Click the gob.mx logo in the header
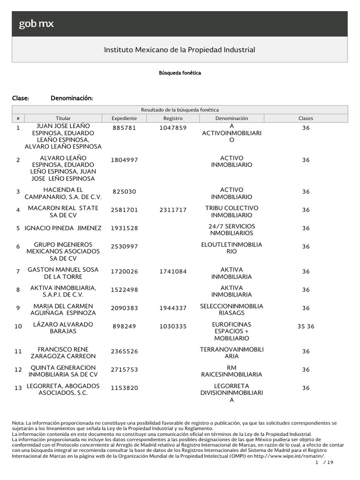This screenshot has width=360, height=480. pyautogui.click(x=36, y=24)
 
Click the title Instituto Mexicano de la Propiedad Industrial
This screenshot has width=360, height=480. pyautogui.click(x=180, y=50)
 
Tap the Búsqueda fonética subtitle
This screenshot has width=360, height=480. pyautogui.click(x=180, y=73)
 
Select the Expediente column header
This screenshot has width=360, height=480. pyautogui.click(x=124, y=119)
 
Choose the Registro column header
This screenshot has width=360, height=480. pyautogui.click(x=173, y=119)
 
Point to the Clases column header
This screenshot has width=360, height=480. pyautogui.click(x=306, y=119)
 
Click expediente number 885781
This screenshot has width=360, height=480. pyautogui.click(x=124, y=127)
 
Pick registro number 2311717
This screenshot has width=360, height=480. pyautogui.click(x=173, y=210)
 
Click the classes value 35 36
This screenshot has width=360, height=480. pyautogui.click(x=306, y=326)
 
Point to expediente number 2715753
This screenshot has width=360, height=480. pyautogui.click(x=124, y=370)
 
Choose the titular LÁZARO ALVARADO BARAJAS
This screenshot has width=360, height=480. pyautogui.click(x=63, y=328)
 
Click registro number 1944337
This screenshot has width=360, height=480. pyautogui.click(x=173, y=308)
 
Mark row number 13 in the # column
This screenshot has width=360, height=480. pyautogui.click(x=18, y=388)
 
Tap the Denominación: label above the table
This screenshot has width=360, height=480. pyautogui.click(x=71, y=98)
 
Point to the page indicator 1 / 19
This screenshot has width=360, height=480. pyautogui.click(x=324, y=463)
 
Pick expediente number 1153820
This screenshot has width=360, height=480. pyautogui.click(x=124, y=388)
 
